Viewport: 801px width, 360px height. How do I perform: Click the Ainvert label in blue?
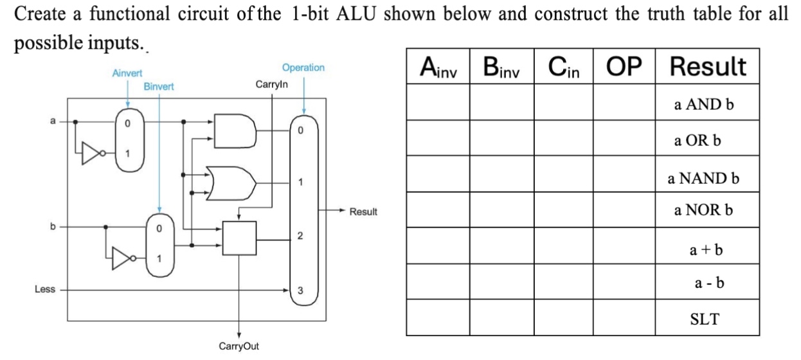tap(127, 74)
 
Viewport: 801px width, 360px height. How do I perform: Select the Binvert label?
tap(158, 85)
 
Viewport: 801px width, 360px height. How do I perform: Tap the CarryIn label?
tap(272, 84)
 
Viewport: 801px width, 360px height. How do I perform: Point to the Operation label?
tap(303, 67)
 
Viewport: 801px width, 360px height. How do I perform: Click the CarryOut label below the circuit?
tap(239, 346)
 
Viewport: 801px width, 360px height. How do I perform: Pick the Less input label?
tap(44, 290)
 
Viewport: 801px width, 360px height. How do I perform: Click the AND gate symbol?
tap(230, 132)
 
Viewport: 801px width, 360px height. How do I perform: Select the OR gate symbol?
tap(230, 183)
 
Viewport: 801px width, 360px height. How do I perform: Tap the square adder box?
tap(239, 238)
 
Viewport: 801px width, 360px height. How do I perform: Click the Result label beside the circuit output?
tap(363, 211)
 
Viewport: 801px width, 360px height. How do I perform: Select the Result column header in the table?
tap(707, 66)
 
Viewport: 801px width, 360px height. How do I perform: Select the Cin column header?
tap(563, 66)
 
